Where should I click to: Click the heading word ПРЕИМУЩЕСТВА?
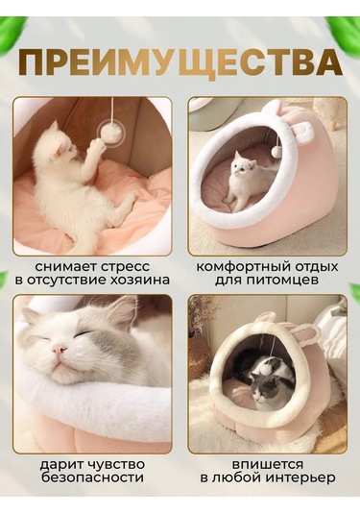tap(180, 62)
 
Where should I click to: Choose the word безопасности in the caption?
tap(93, 477)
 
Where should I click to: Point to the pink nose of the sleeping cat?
tap(58, 353)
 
